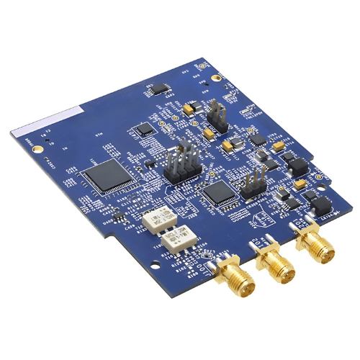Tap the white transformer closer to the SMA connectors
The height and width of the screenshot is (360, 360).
(183, 235)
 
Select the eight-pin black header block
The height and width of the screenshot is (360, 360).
(180, 166)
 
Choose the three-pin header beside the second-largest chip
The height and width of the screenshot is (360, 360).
(250, 186)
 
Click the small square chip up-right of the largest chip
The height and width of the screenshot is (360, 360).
(146, 130)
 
